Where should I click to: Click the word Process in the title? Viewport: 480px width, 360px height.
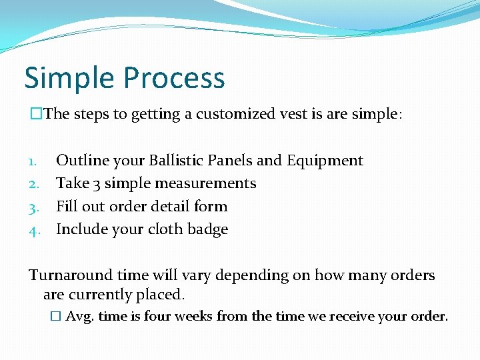pyautogui.click(x=175, y=79)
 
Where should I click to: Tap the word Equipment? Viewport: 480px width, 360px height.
pyautogui.click(x=325, y=161)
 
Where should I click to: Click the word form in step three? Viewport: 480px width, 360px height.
pyautogui.click(x=211, y=207)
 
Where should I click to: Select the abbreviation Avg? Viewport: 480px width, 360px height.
pyautogui.click(x=80, y=317)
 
